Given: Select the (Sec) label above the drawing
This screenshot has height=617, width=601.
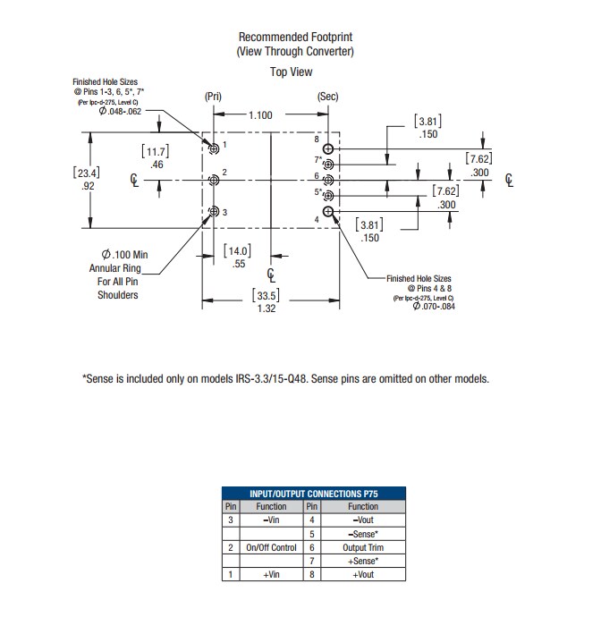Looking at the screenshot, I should coord(327,96).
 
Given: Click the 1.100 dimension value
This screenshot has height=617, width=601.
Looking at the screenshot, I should coord(260,114).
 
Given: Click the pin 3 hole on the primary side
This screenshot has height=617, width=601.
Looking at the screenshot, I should coord(214,212).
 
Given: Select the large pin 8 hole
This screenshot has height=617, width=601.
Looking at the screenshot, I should coord(329,148).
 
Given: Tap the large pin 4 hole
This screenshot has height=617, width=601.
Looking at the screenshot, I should coord(329,212).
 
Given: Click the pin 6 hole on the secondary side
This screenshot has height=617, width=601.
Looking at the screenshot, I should coord(329,180).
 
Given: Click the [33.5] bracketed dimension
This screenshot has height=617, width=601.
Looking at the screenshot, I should coord(267,296).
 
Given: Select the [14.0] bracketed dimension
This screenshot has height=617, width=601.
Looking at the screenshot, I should coord(237,251).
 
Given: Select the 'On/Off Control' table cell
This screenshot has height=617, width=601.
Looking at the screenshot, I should coord(271,547).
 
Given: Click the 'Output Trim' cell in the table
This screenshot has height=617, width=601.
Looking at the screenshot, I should coord(363,547).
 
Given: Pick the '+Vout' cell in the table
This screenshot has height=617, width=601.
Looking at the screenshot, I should coord(363,574).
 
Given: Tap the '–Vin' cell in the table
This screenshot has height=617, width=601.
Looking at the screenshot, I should coord(271,520).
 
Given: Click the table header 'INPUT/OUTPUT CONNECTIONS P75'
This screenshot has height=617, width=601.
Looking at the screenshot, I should coord(313,493).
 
